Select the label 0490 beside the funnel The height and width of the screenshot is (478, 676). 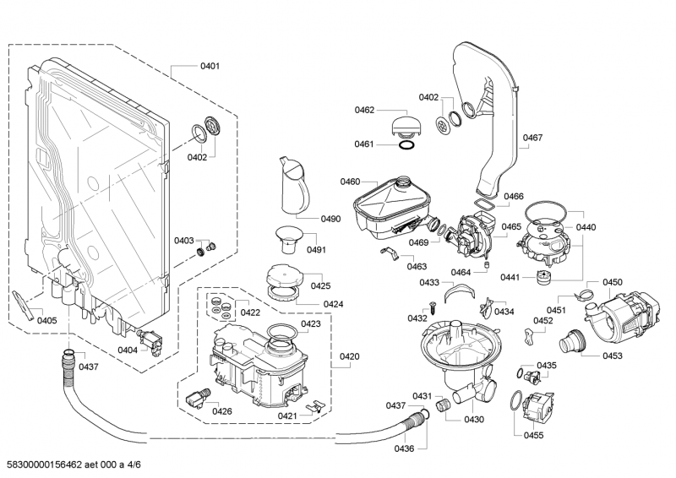coord(330,219)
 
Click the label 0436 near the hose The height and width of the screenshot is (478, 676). coord(404,448)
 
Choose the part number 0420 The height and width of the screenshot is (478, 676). coord(350,356)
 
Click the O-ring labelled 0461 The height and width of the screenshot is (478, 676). coord(406,145)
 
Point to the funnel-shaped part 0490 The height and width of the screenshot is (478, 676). coord(292,187)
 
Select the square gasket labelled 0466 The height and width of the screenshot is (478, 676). coord(484,204)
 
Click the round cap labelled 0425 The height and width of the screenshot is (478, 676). coord(282,275)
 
